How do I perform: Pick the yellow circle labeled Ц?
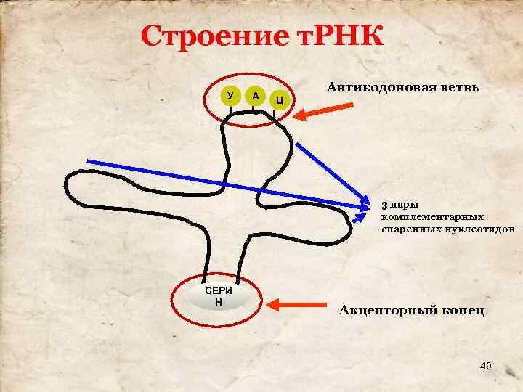(x=280, y=99)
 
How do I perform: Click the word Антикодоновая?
(x=380, y=87)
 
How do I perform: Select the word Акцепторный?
(x=387, y=311)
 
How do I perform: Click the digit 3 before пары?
(x=385, y=204)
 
